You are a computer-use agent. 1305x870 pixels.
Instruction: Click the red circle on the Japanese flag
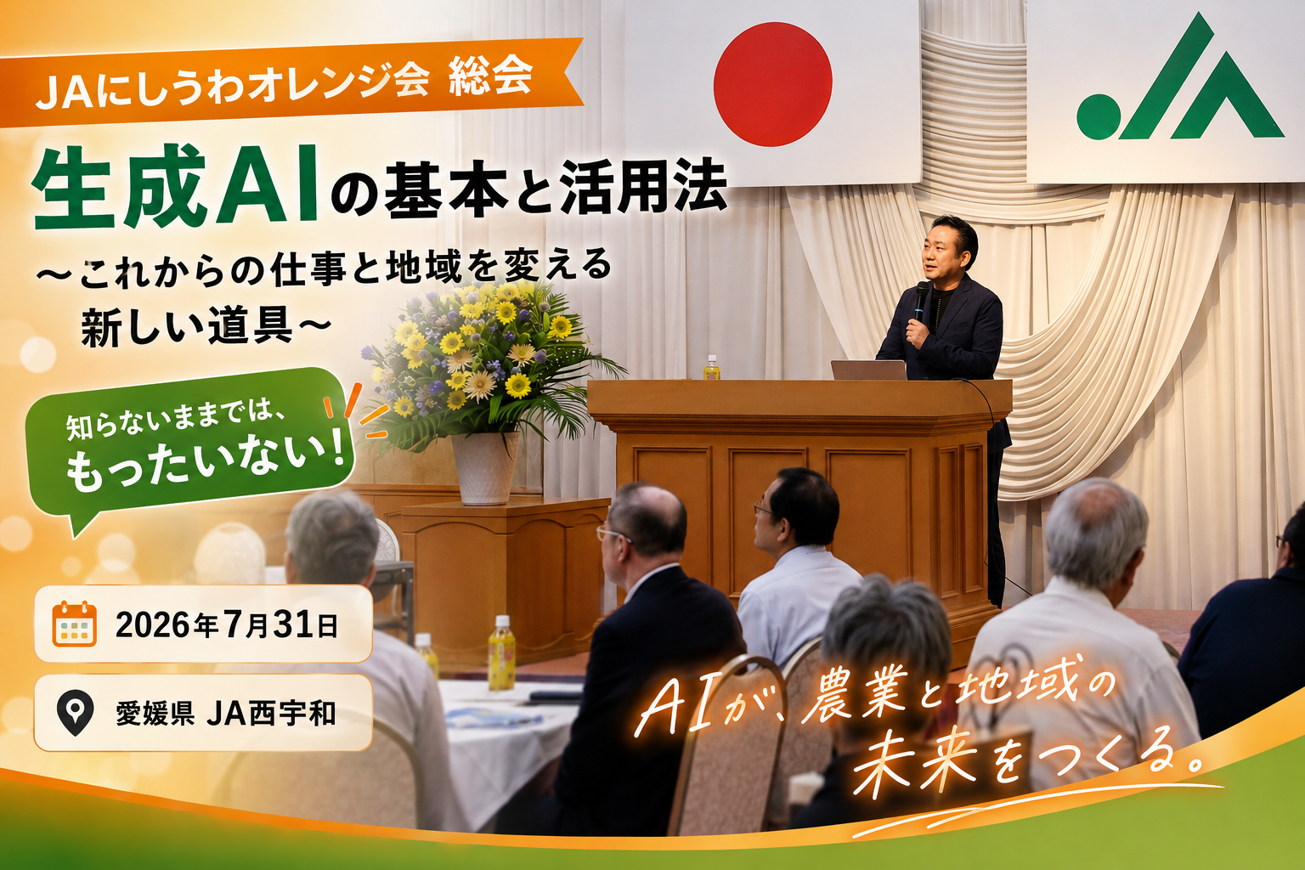[772, 84]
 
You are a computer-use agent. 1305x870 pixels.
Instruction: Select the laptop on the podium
[868, 370]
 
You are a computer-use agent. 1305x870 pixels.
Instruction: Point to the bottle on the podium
[711, 368]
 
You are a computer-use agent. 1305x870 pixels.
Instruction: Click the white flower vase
[485, 467]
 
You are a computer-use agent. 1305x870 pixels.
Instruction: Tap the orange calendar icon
[75, 624]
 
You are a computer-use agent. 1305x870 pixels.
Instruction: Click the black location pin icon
[75, 712]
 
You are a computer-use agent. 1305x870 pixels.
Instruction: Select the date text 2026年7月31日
[227, 624]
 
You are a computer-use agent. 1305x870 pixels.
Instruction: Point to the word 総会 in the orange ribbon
[491, 76]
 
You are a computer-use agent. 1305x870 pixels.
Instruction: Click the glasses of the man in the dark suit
[612, 534]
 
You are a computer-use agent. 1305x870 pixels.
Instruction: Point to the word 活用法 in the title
[643, 186]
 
